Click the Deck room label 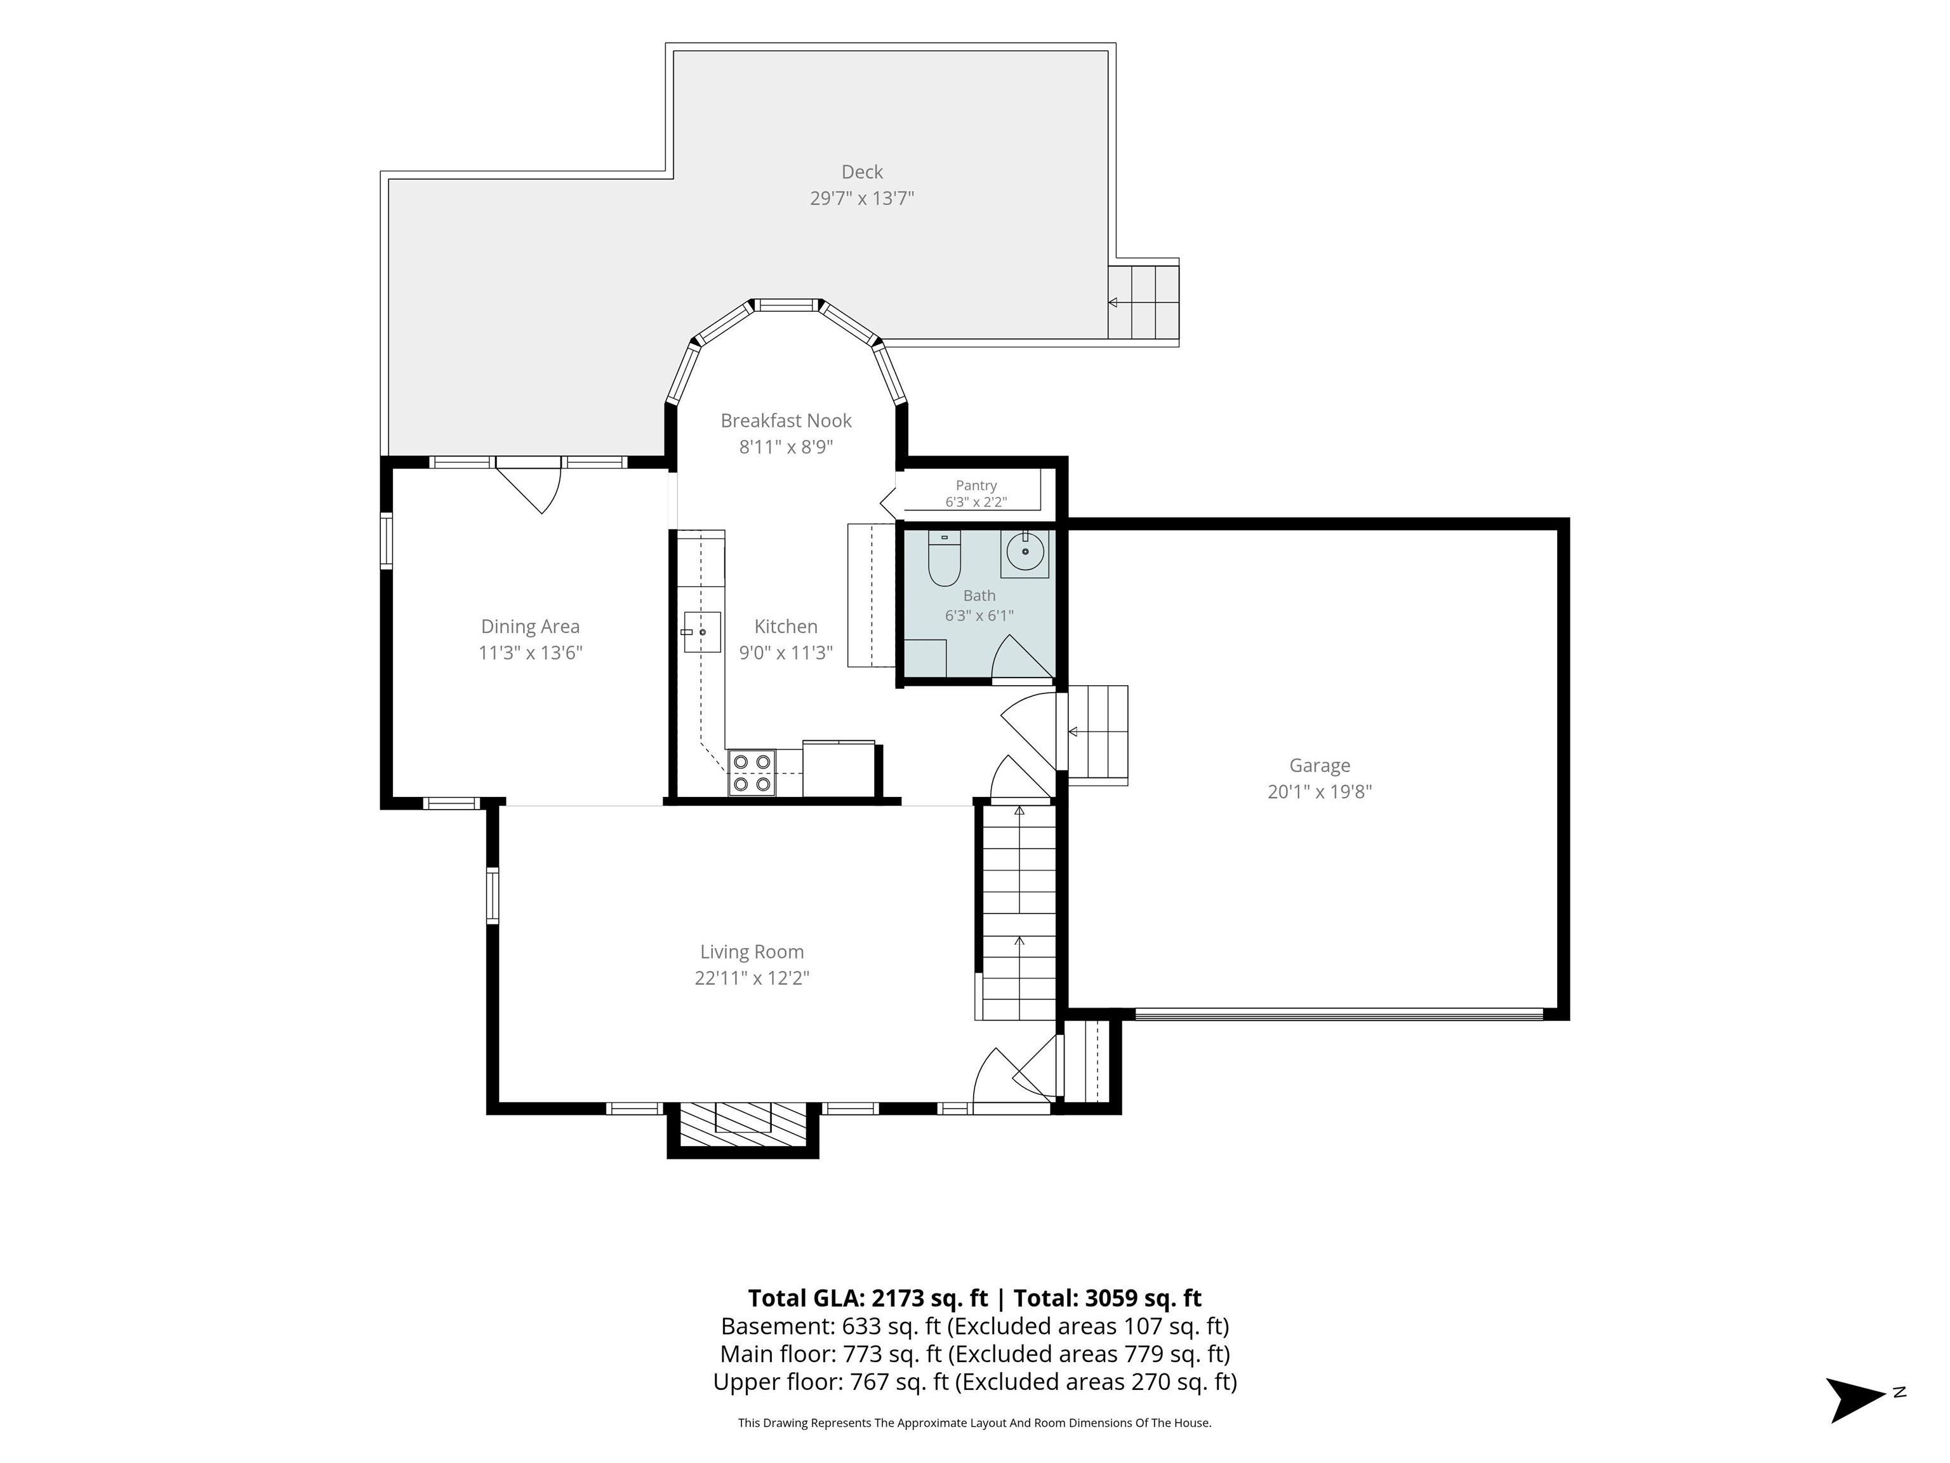pos(861,172)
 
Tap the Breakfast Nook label pos(786,420)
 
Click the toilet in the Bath pos(944,559)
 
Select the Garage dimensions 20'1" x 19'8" pos(1320,792)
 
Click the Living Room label pos(752,952)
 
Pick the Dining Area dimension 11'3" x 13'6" pos(531,653)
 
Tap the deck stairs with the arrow pos(1143,302)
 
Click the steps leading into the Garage pos(1098,735)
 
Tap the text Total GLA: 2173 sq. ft pos(868,1298)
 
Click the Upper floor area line pos(975,1381)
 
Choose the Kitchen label pos(786,626)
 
